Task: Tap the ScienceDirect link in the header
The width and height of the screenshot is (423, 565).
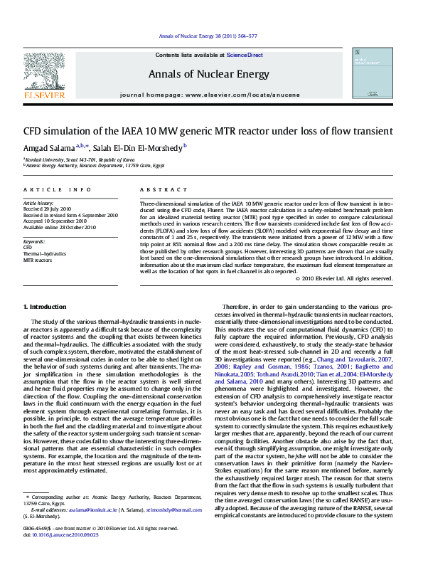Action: (x=245, y=55)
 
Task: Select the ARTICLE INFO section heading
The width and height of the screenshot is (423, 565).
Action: (x=58, y=190)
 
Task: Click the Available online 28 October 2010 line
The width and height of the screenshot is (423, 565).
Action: (x=60, y=228)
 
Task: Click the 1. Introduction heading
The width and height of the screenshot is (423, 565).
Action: (x=45, y=306)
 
